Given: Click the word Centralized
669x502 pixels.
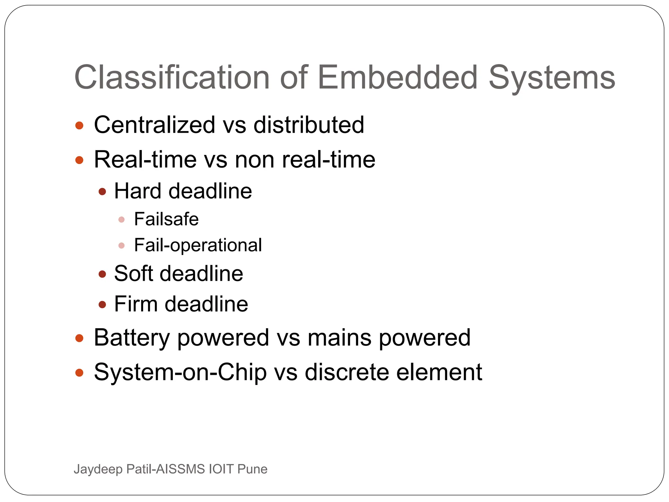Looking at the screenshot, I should [155, 125].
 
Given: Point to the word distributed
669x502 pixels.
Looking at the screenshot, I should [309, 125].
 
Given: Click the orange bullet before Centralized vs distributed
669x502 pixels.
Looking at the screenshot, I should [79, 125].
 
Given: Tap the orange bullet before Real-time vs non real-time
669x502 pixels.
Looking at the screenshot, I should [79, 160].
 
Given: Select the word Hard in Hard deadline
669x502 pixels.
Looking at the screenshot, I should [138, 191].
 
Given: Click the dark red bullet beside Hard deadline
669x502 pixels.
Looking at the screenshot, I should [102, 192].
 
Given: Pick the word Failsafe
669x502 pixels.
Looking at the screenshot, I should [166, 219].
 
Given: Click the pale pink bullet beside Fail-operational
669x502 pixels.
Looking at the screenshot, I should [122, 245].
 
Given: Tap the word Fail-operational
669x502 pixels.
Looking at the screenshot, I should [198, 245].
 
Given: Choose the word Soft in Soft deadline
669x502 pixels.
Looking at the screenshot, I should [133, 273].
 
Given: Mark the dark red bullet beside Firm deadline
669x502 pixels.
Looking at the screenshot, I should [102, 305].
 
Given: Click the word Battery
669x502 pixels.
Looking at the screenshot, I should [131, 338].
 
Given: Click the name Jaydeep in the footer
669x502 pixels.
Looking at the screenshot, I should [98, 469].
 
